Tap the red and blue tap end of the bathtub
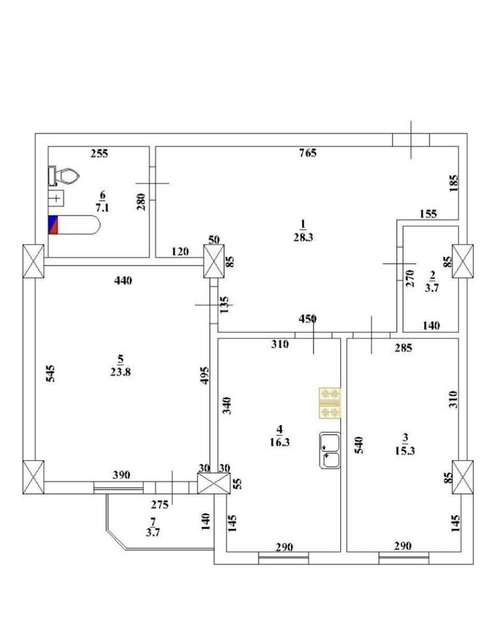[53, 224]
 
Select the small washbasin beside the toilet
[56, 198]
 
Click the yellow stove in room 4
[329, 403]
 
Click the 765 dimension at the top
[308, 152]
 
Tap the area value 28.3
[303, 237]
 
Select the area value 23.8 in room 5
[120, 372]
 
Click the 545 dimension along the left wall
[50, 373]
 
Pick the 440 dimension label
[123, 280]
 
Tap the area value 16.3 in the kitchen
[279, 450]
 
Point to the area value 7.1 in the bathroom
[102, 207]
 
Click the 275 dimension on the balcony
[159, 505]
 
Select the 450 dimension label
[307, 318]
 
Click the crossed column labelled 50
[214, 261]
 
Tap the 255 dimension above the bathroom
[99, 153]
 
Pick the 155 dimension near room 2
[428, 214]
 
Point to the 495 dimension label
[204, 375]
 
